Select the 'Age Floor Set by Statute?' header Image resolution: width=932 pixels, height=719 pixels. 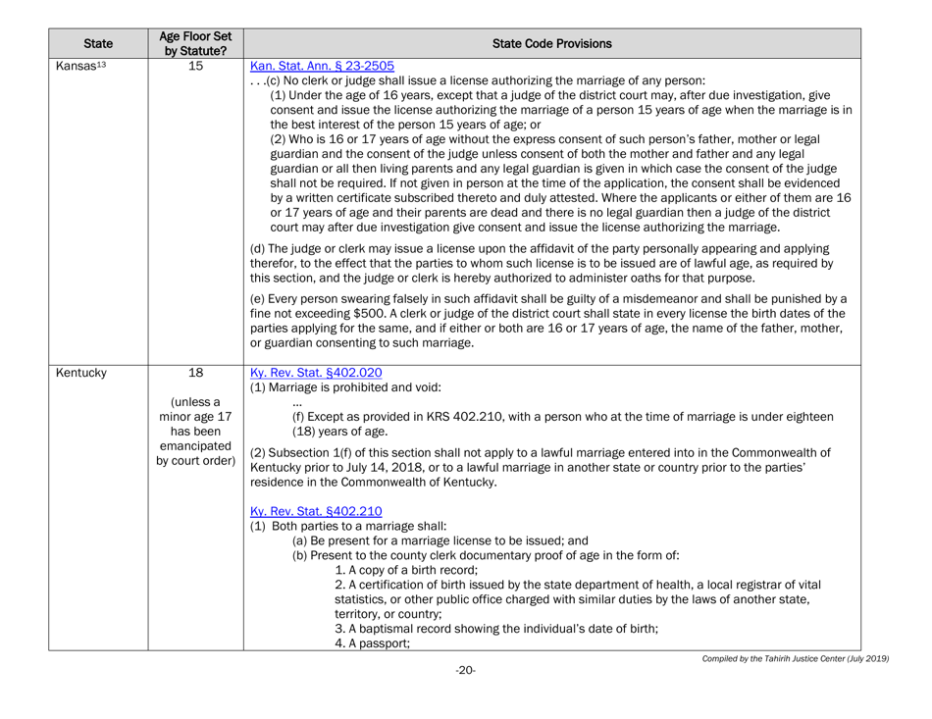point(193,43)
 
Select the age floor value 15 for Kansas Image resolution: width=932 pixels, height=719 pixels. point(193,66)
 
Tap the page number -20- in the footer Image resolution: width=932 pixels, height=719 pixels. point(465,671)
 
